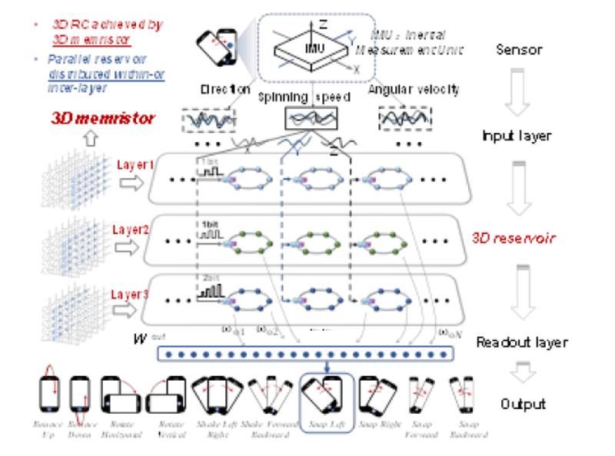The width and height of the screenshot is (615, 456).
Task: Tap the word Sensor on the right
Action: click(x=520, y=50)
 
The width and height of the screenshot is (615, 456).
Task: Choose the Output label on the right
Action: click(x=524, y=404)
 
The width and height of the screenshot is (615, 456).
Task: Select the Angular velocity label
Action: click(x=414, y=90)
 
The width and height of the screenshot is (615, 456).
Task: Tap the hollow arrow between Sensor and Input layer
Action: click(x=520, y=91)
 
